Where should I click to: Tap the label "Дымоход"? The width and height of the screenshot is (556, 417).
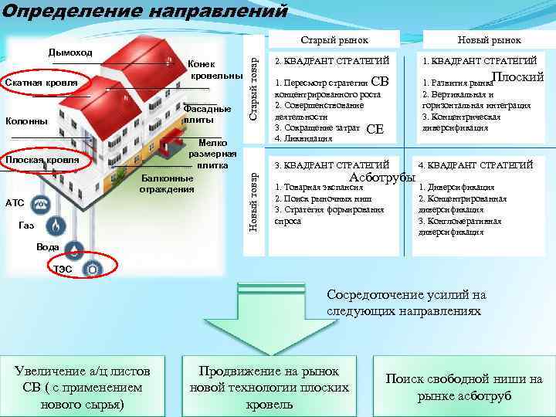coord(70,53)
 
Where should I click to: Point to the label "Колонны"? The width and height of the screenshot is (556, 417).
coord(27,120)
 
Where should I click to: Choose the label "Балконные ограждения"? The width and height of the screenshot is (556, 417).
coord(167,184)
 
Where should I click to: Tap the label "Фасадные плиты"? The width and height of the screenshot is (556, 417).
coord(208,114)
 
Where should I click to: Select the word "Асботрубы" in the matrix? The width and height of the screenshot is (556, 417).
coord(383,178)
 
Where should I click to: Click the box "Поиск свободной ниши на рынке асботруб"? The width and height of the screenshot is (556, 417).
coord(463,387)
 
